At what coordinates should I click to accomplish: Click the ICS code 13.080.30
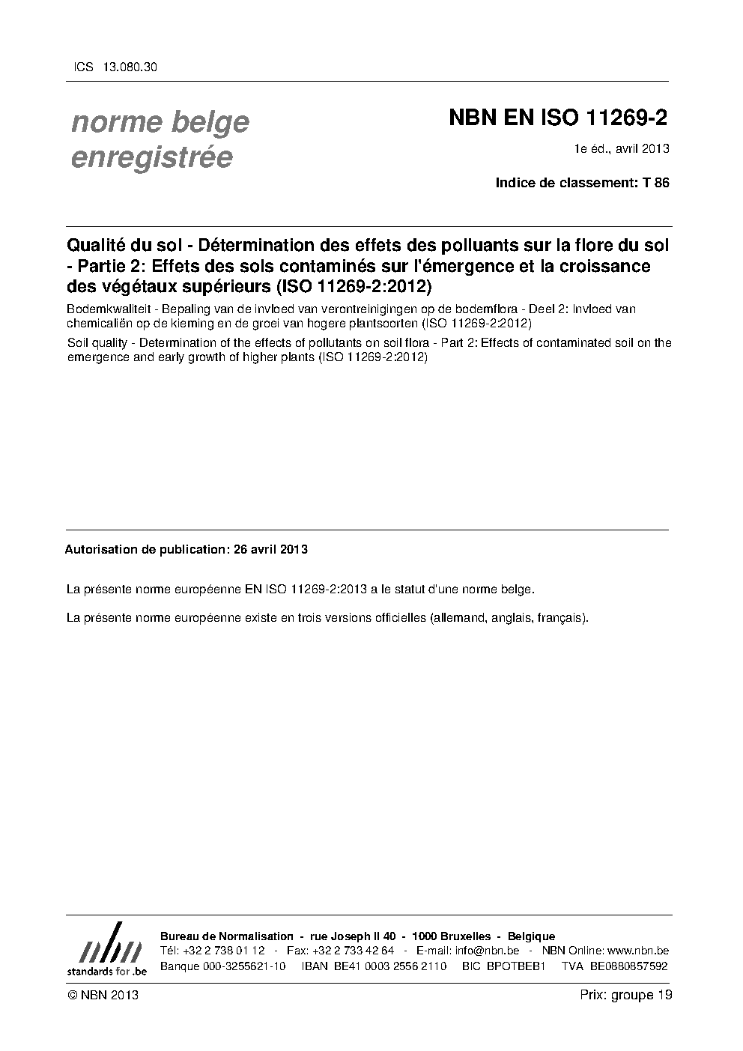132,67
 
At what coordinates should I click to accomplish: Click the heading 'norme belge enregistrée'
160,139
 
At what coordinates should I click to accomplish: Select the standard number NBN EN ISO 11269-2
558,118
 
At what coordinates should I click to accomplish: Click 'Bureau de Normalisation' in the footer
227,936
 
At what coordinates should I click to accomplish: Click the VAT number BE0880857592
628,966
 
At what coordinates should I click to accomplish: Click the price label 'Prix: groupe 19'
625,995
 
